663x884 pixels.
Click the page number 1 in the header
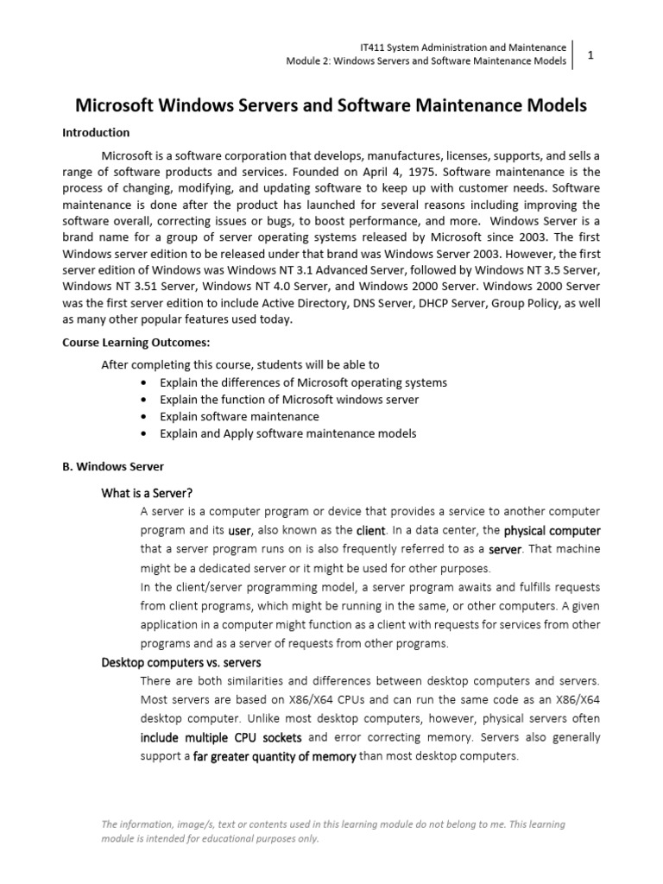tap(591, 54)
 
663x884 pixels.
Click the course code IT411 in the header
tap(371, 47)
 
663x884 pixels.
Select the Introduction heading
tap(96, 133)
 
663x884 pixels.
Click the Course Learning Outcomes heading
tap(142, 341)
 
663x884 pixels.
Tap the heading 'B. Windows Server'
tap(112, 466)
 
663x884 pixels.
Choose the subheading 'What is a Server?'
tap(147, 493)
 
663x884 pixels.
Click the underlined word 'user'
tap(239, 531)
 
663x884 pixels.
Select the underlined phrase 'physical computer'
tap(552, 530)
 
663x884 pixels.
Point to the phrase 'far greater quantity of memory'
tap(275, 757)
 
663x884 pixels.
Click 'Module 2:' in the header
tap(308, 61)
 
